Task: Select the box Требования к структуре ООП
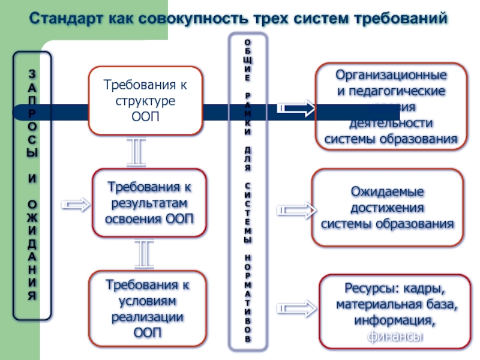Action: pyautogui.click(x=146, y=100)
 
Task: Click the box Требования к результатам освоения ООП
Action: pyautogui.click(x=149, y=202)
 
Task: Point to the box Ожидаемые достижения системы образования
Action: pyautogui.click(x=388, y=208)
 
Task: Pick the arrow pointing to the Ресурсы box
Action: pyautogui.click(x=296, y=308)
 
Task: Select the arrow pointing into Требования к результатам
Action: pyautogui.click(x=76, y=205)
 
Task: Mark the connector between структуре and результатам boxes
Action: pyautogui.click(x=136, y=152)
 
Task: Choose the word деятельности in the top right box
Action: pyautogui.click(x=391, y=124)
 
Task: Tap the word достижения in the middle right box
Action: pyautogui.click(x=387, y=208)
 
